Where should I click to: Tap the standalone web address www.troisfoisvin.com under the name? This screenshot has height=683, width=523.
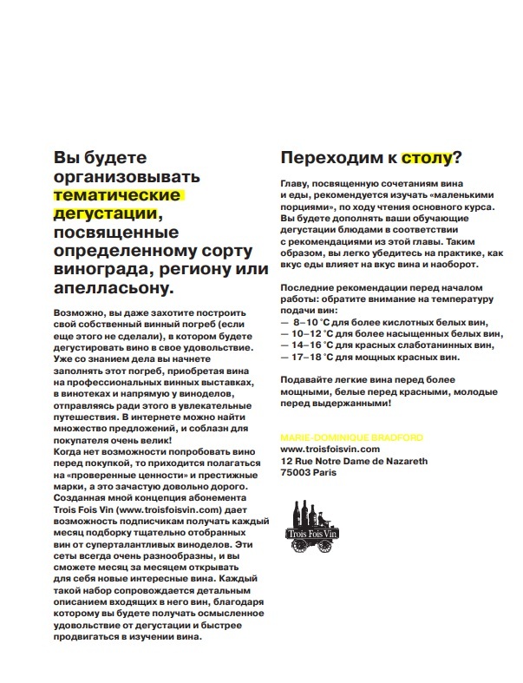pos(331,449)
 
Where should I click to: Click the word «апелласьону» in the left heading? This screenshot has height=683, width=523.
pos(114,289)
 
